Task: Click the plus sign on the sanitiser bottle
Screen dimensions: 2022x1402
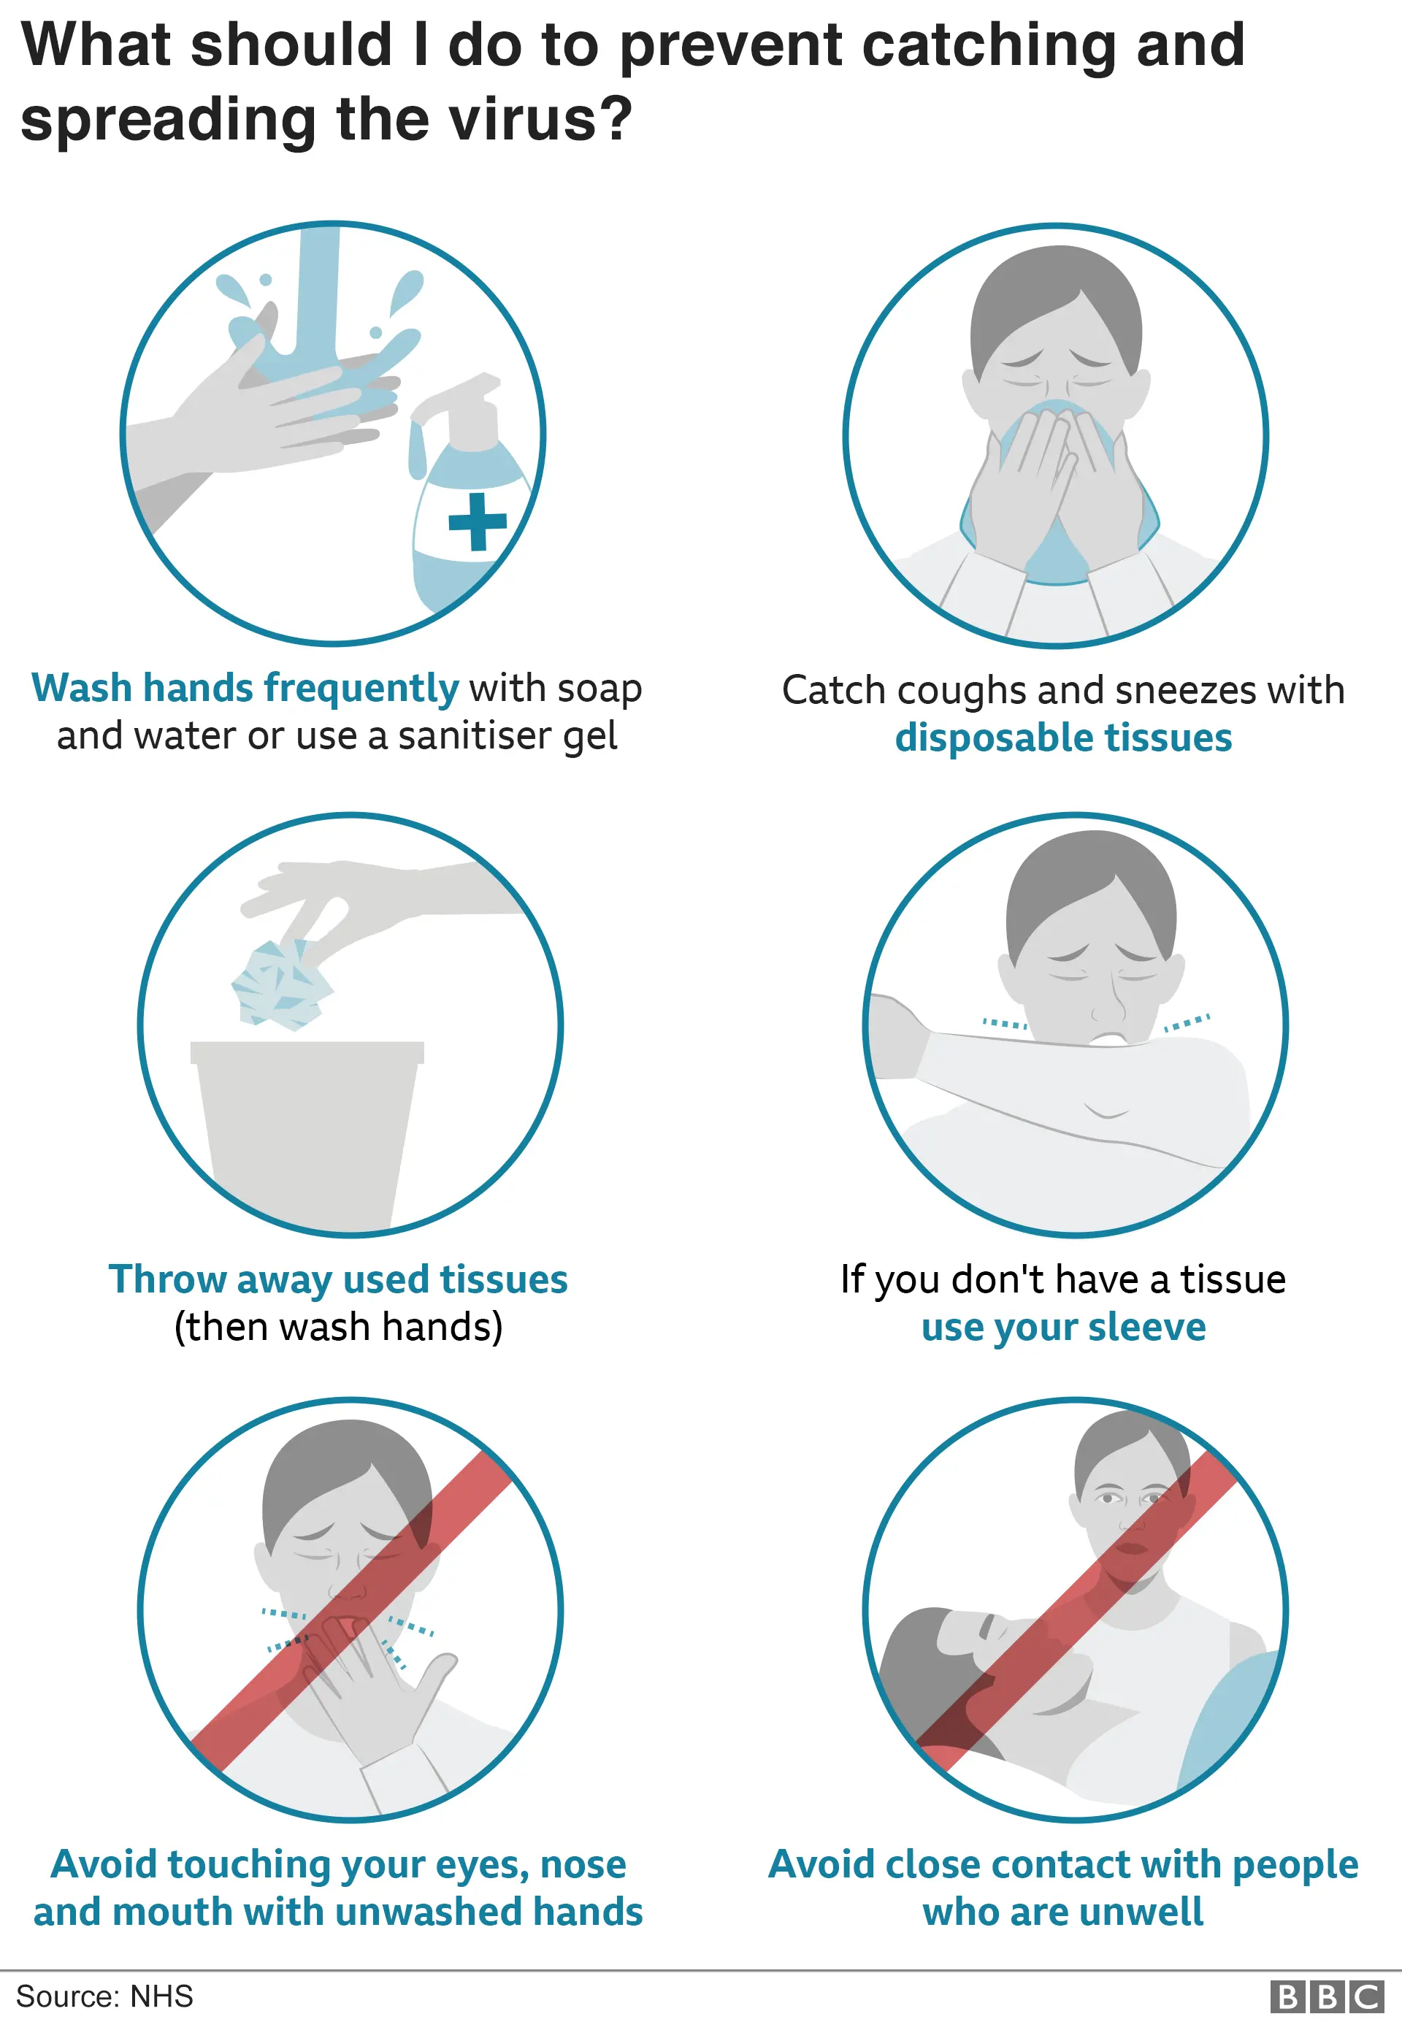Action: click(477, 522)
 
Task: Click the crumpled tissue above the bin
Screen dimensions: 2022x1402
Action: click(281, 984)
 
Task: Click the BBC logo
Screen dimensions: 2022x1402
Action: click(1327, 1996)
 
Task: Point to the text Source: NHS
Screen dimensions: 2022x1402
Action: click(104, 1996)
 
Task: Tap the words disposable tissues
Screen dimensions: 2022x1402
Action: click(1063, 738)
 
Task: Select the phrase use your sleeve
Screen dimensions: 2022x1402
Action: click(1063, 1328)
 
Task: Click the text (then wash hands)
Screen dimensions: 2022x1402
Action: click(338, 1328)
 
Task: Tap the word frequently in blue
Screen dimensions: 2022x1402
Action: click(361, 688)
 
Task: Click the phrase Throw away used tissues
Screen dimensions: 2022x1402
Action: click(338, 1280)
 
